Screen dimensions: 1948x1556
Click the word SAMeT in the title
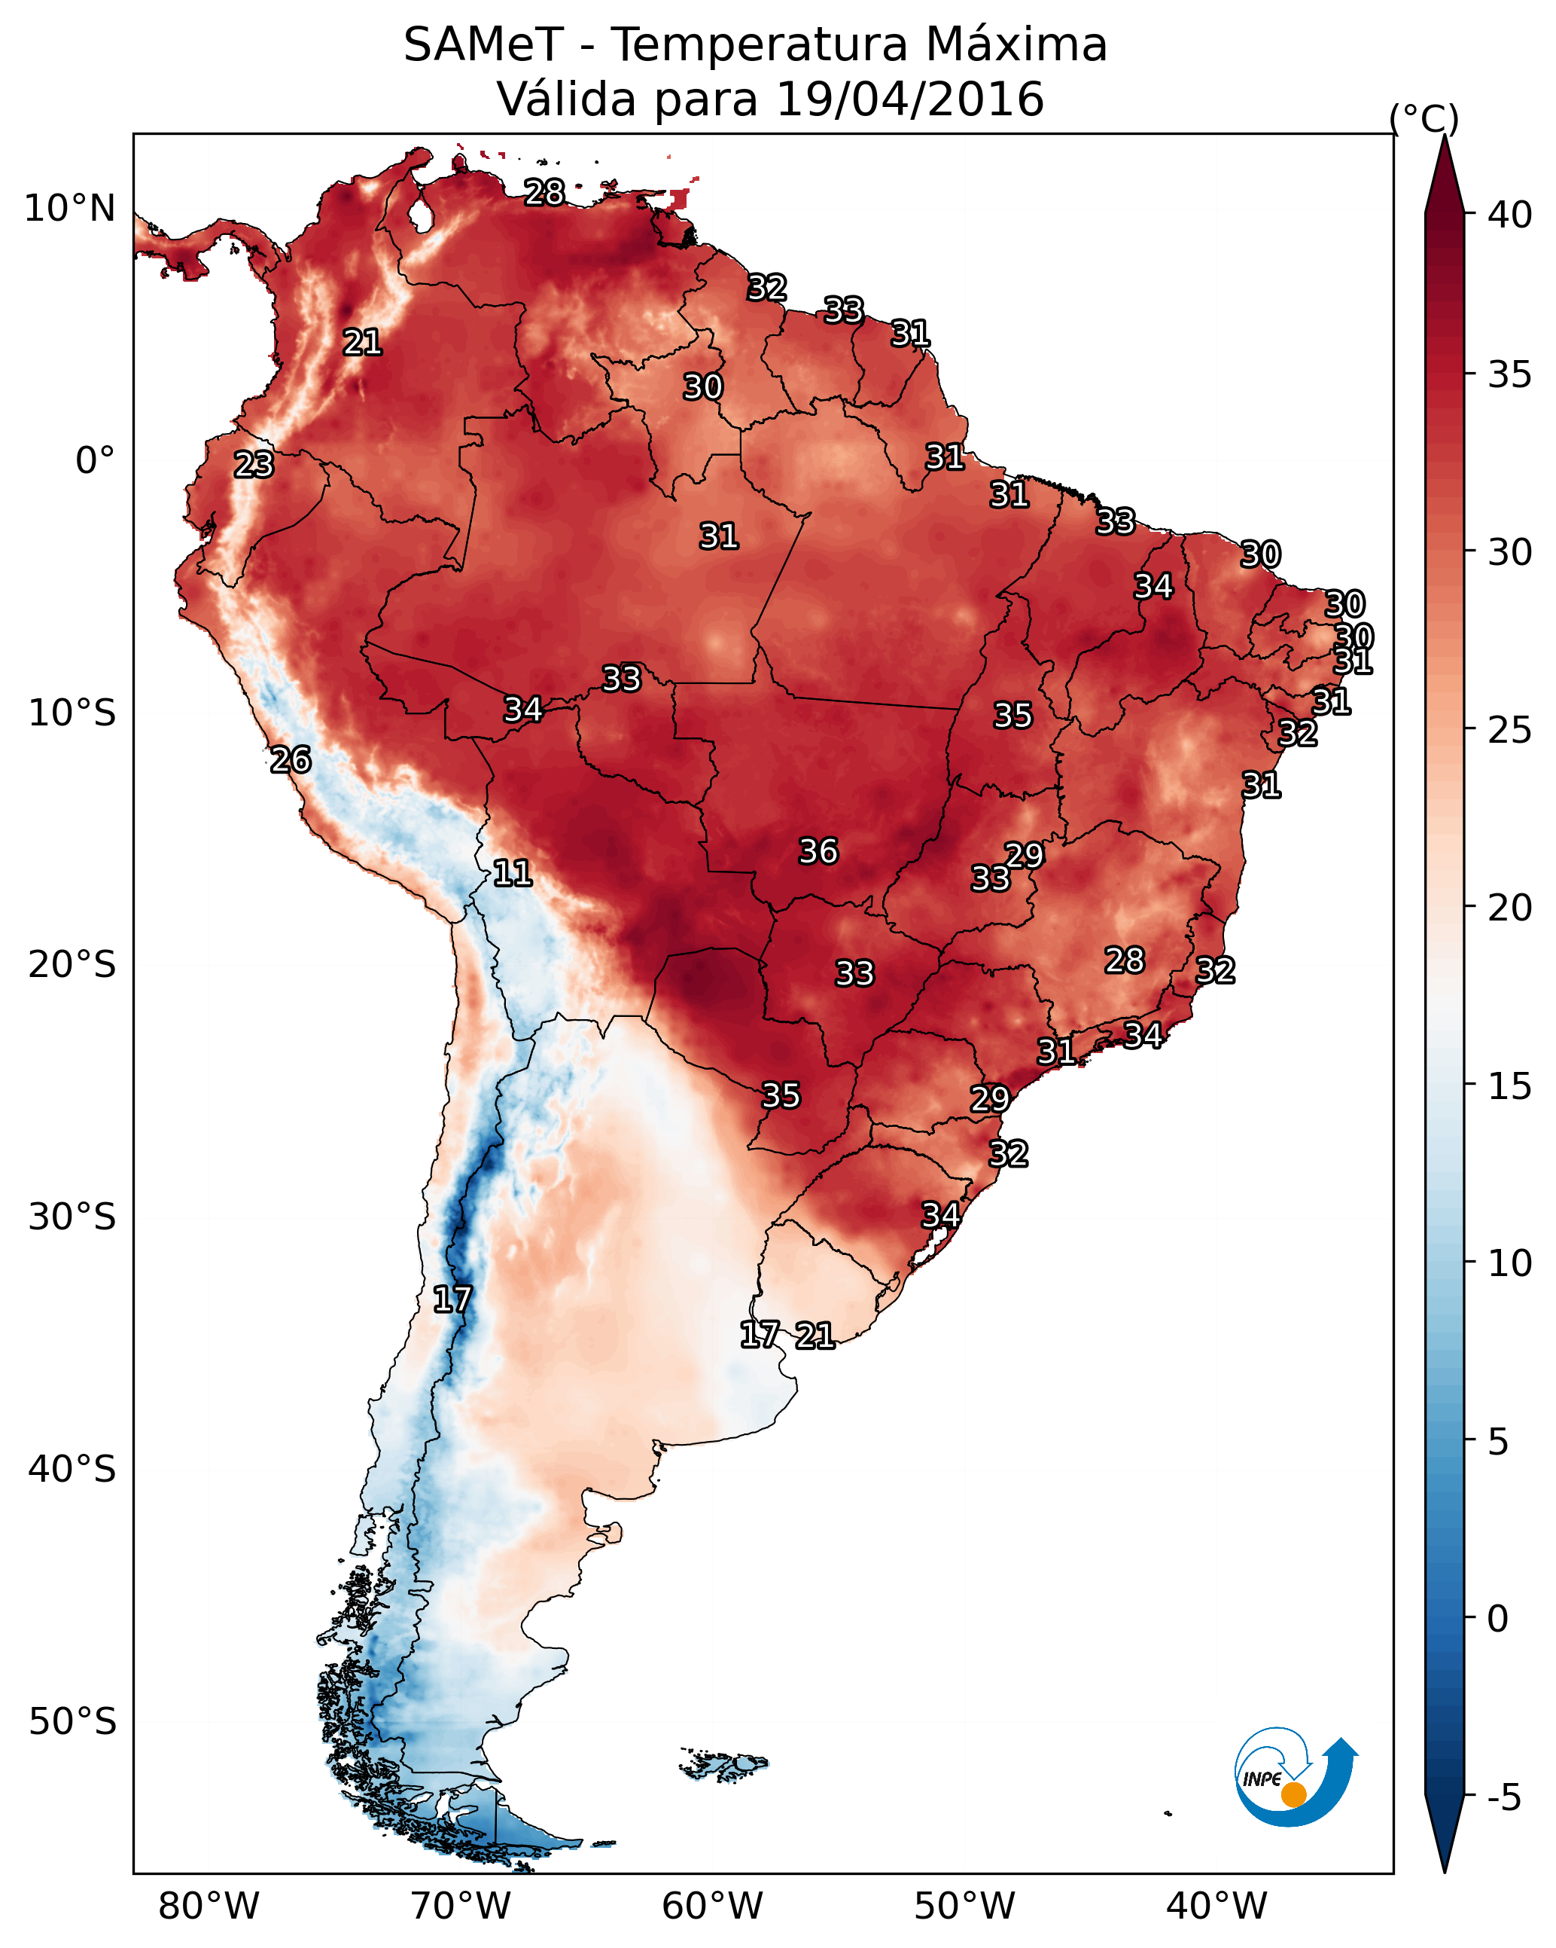point(483,45)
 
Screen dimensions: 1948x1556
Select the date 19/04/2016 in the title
point(909,99)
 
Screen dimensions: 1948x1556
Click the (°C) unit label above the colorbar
point(1424,118)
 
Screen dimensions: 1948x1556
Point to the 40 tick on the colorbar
point(1509,215)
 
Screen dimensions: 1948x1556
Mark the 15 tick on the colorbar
point(1509,1086)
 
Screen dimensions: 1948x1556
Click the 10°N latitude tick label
point(69,209)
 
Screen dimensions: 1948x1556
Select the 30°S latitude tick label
point(72,1217)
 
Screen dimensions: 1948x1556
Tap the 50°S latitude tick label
point(72,1722)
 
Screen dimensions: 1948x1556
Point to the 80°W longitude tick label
point(209,1906)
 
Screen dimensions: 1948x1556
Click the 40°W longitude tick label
point(1216,1906)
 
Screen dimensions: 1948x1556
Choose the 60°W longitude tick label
point(713,1906)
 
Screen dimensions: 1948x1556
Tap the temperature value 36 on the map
point(818,851)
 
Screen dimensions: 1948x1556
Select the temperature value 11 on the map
point(512,873)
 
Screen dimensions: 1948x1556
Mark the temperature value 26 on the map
point(291,760)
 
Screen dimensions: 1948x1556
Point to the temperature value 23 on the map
point(254,465)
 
